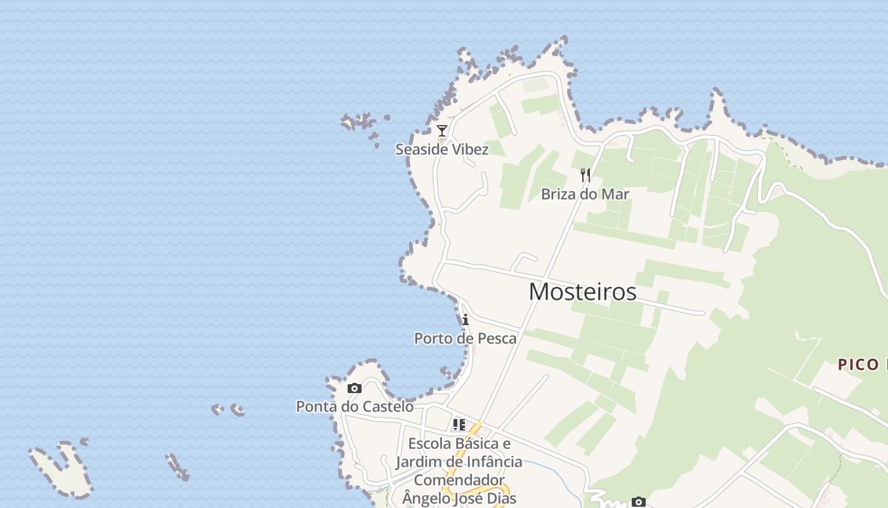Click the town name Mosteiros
tap(582, 291)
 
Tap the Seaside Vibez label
tap(441, 149)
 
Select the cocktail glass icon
tap(442, 131)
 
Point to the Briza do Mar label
tap(585, 194)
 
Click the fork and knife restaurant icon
tap(585, 175)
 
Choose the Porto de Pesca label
tap(465, 338)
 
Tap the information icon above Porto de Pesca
tap(466, 319)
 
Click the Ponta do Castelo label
tap(355, 406)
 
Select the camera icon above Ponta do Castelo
tap(355, 388)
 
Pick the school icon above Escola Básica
tap(459, 425)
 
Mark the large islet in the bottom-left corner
tap(62, 470)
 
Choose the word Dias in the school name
tap(501, 498)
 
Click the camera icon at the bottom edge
tap(639, 502)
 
